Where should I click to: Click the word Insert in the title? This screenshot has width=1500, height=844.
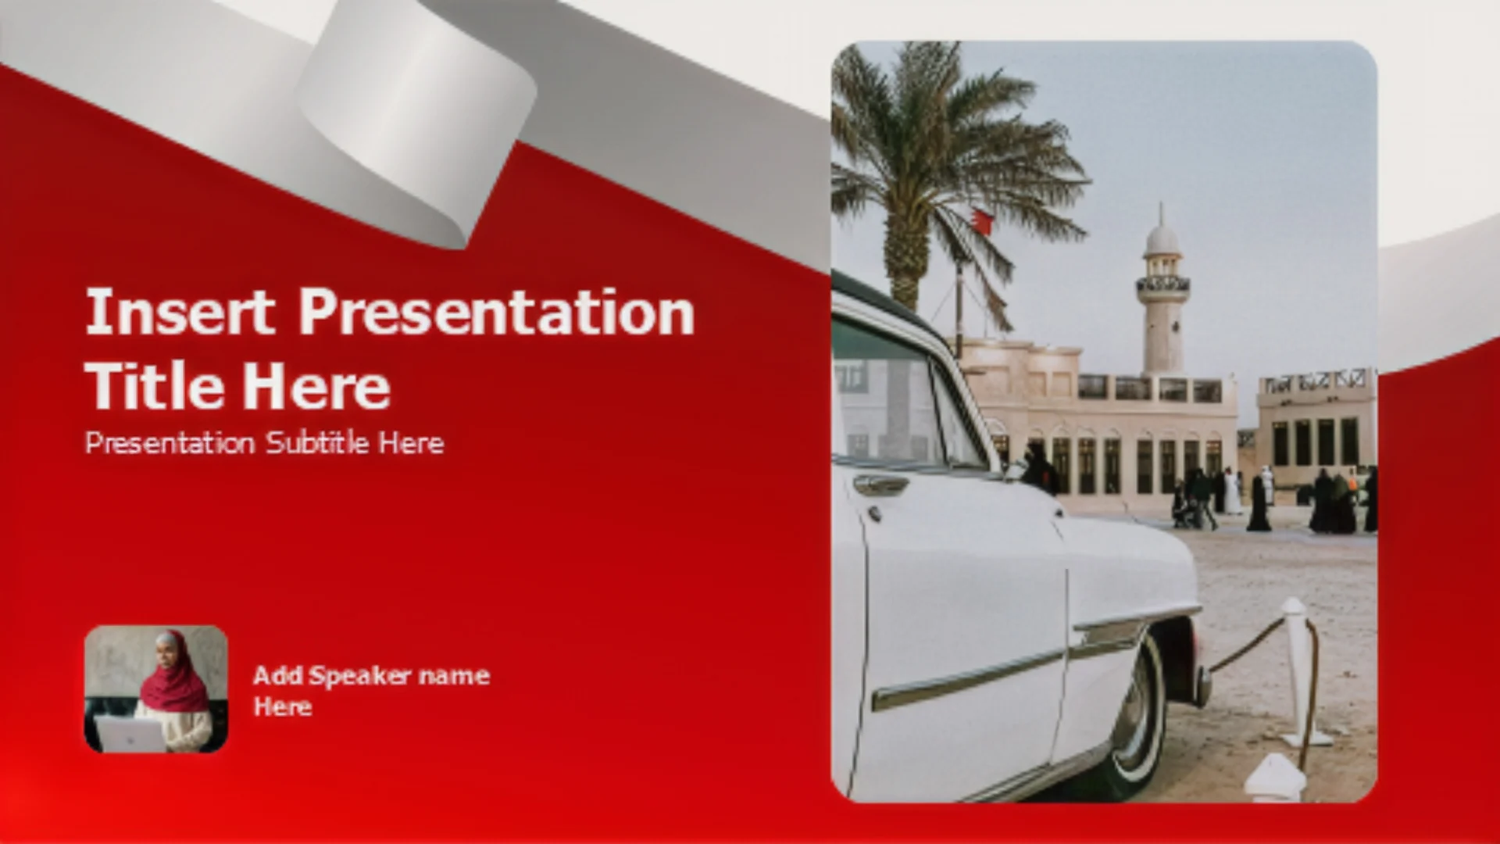tap(180, 312)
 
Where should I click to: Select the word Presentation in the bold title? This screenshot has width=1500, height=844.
tap(497, 312)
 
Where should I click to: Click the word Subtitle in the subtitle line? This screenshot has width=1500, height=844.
tap(317, 443)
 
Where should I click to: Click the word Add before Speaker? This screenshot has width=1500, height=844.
tap(277, 675)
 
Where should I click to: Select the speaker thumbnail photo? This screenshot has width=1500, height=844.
tap(156, 688)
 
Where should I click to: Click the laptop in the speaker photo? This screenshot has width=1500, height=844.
tap(130, 735)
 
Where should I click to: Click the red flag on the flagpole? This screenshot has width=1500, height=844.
tap(982, 221)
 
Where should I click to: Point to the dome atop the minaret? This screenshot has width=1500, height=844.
tap(1162, 238)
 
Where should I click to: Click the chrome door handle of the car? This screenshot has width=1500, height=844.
tap(880, 485)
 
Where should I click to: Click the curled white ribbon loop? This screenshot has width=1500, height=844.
tap(414, 117)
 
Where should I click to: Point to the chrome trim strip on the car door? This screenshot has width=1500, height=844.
tap(969, 680)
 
